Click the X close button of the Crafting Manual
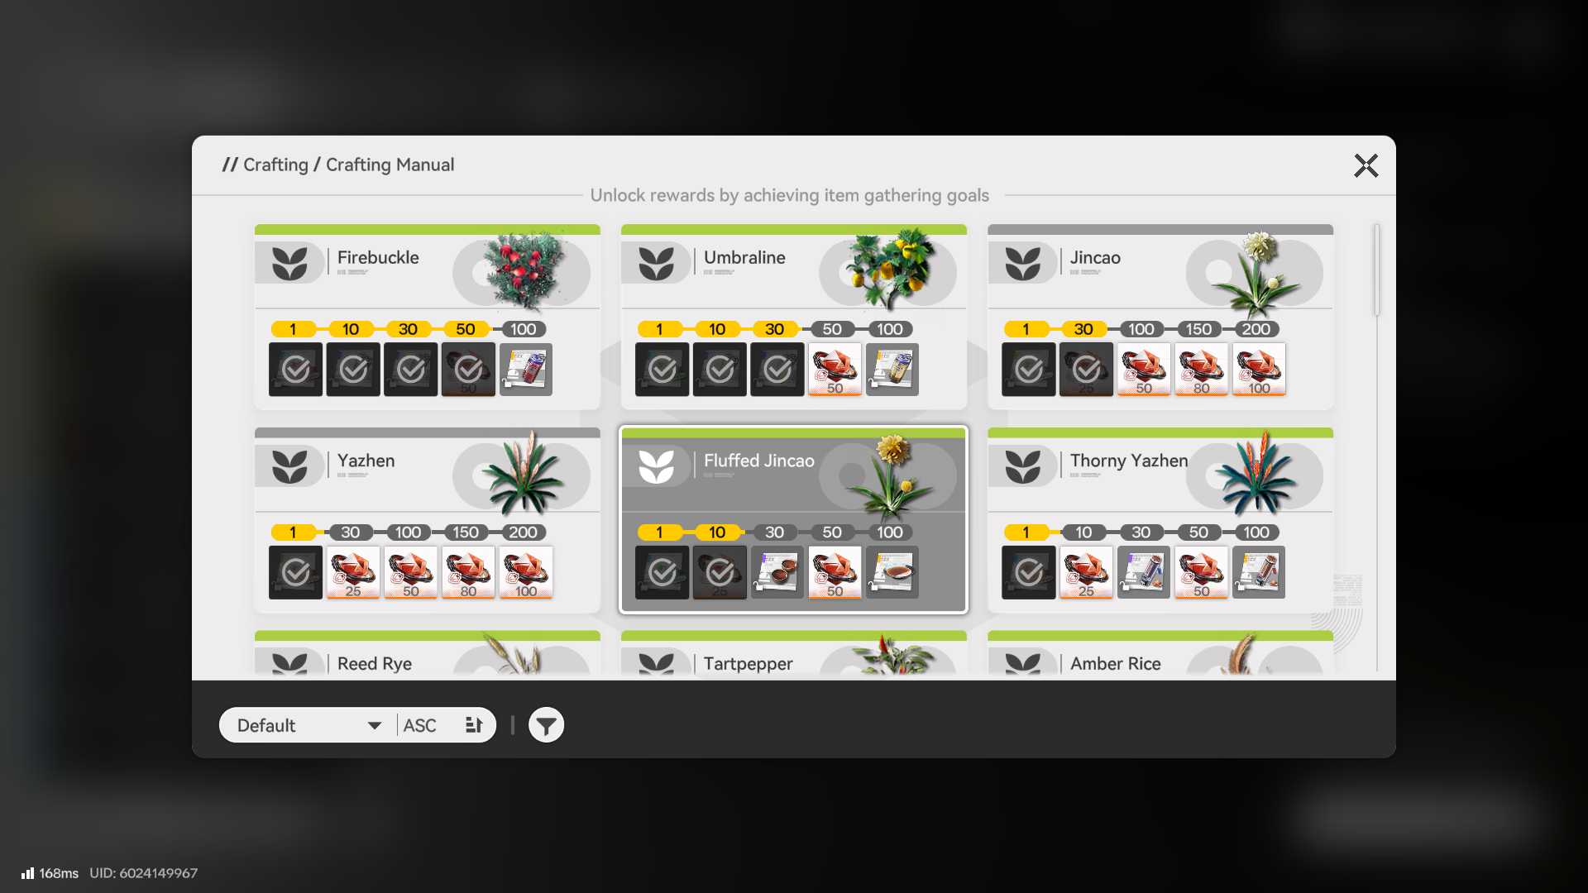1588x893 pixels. click(1366, 165)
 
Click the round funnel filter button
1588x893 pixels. click(546, 725)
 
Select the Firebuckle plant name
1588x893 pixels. click(378, 258)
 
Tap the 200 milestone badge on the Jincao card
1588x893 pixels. click(1256, 329)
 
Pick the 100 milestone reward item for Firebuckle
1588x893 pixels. click(526, 370)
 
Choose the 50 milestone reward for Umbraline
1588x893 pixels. click(835, 370)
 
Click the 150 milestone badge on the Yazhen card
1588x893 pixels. click(465, 532)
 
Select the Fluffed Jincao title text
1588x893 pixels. click(758, 461)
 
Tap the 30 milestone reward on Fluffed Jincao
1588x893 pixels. click(777, 572)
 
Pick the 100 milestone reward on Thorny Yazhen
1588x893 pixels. click(1258, 572)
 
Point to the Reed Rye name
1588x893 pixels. click(374, 664)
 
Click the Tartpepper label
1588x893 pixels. click(748, 664)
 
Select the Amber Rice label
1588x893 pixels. click(1115, 664)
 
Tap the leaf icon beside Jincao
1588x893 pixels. click(1022, 263)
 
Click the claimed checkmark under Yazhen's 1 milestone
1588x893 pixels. click(295, 572)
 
